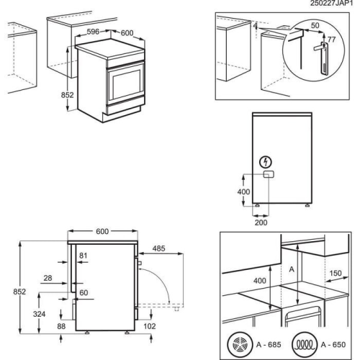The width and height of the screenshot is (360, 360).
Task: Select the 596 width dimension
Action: click(x=93, y=32)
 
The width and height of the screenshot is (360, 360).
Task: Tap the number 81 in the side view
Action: click(x=83, y=256)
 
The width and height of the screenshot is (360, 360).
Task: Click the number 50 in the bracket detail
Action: click(x=315, y=24)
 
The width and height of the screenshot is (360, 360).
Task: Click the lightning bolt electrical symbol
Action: click(x=267, y=162)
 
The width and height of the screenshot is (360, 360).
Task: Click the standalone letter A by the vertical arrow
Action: click(x=291, y=266)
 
